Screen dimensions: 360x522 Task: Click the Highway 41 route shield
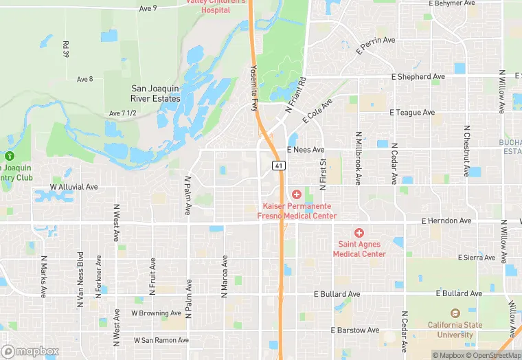pos(278,166)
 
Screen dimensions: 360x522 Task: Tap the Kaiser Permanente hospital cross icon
pos(297,195)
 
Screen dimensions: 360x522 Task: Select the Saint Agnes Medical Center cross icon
pos(359,233)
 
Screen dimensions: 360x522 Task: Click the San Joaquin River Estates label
pos(155,93)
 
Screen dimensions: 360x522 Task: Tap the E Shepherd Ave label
pos(420,77)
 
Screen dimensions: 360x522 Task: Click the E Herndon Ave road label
pos(447,221)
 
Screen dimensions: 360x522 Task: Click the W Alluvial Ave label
pos(74,187)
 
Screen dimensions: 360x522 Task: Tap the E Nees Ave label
pos(306,149)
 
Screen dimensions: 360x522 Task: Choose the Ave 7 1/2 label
pos(122,113)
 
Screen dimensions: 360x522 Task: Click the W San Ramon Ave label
pos(161,340)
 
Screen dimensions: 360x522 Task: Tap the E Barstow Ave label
pos(355,330)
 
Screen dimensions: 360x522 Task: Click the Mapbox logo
pos(30,351)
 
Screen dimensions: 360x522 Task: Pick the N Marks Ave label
pos(43,276)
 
